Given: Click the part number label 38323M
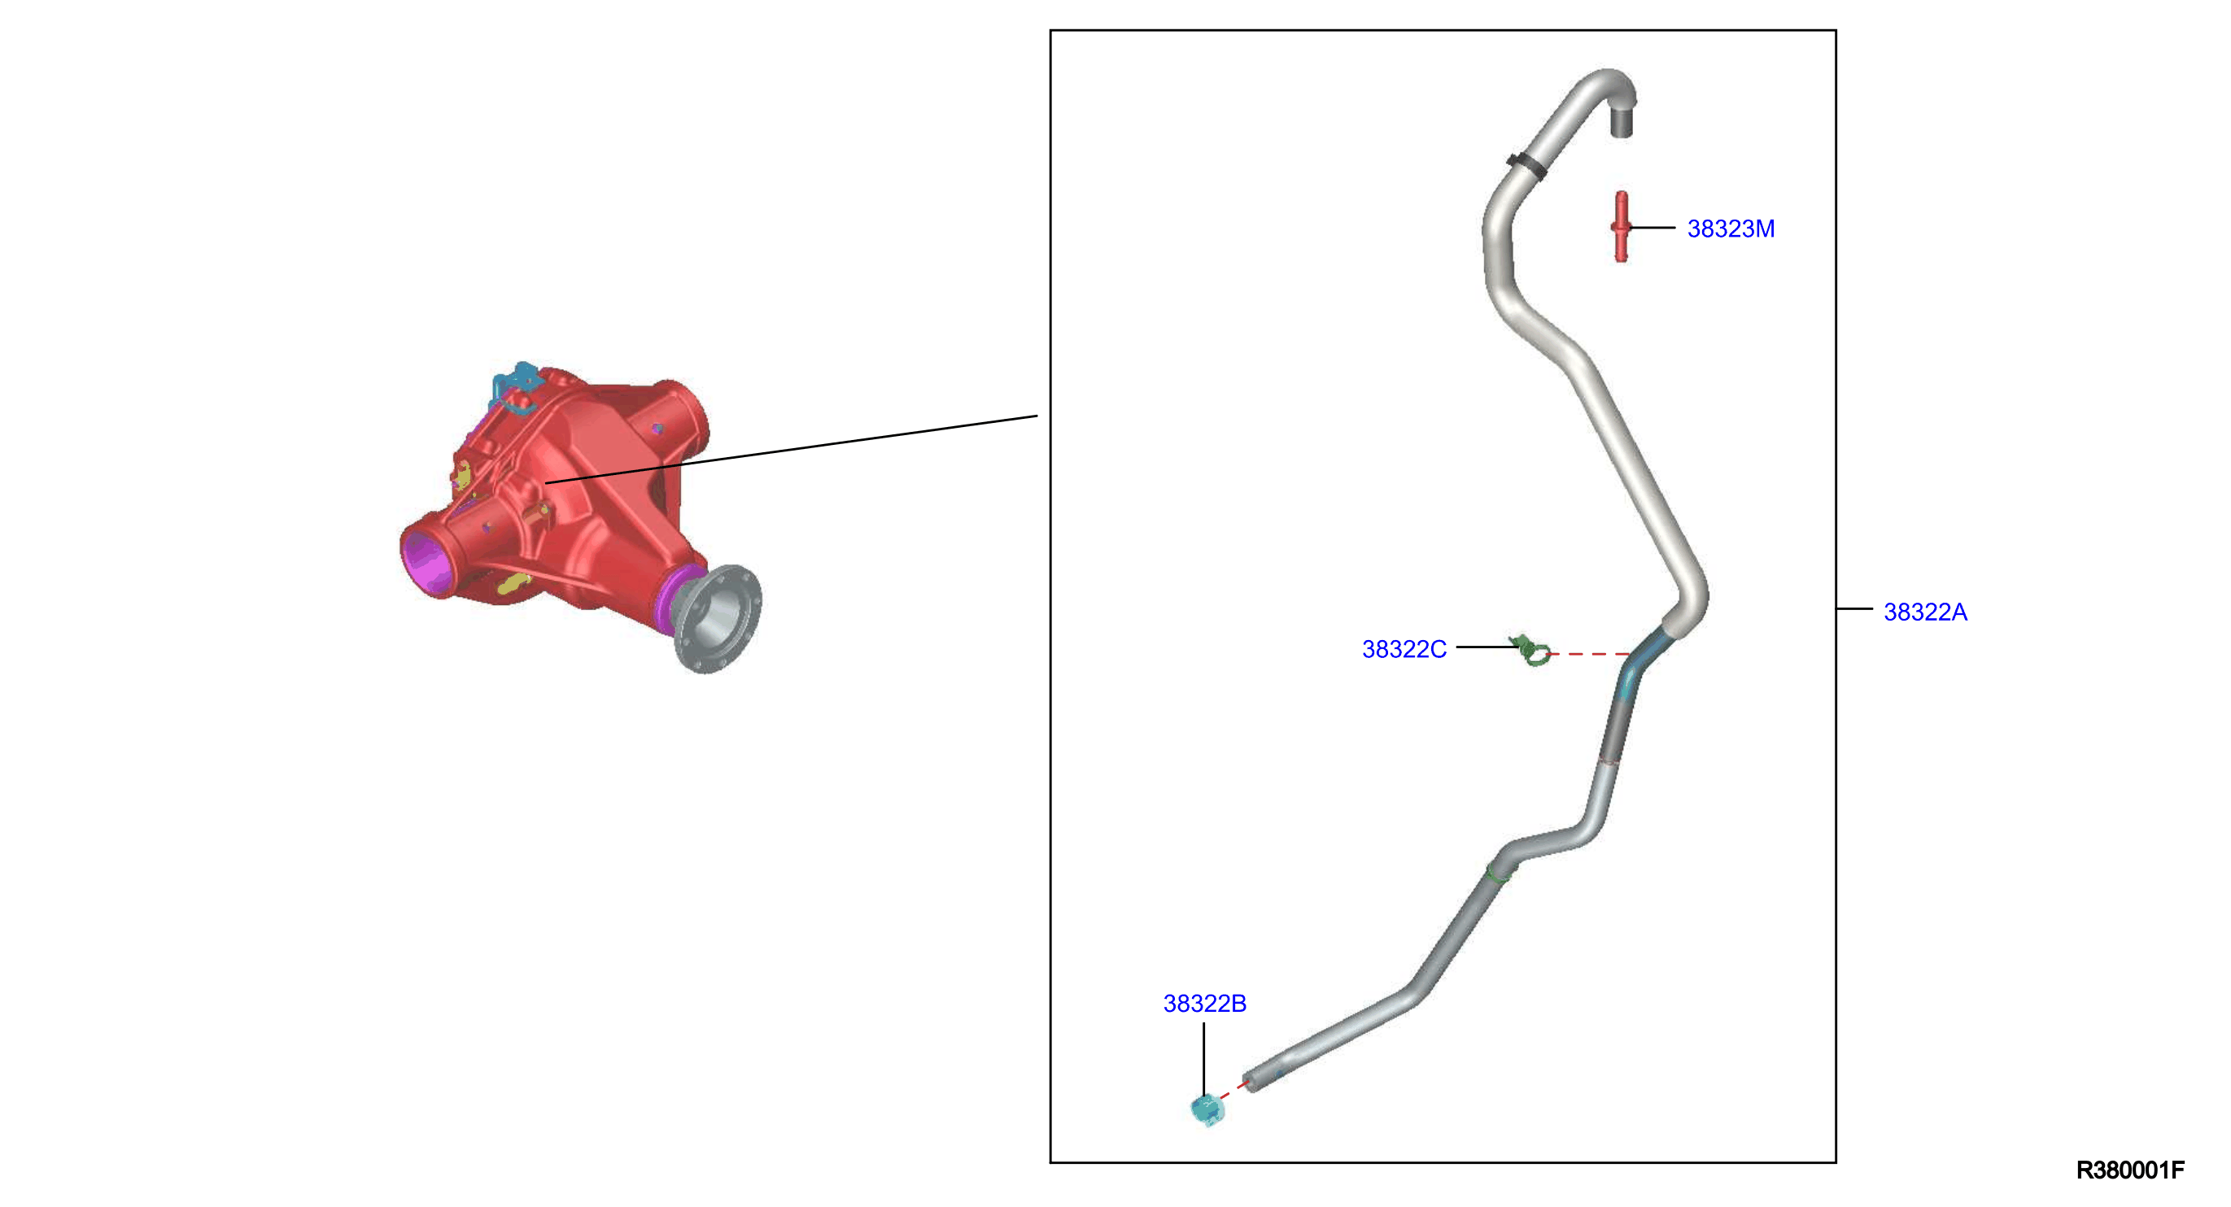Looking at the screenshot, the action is [1731, 229].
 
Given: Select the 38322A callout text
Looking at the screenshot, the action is [1925, 612].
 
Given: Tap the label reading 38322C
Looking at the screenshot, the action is [1404, 649].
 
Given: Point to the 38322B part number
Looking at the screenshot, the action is [1205, 1004].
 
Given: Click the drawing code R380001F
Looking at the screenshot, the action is [2129, 1170].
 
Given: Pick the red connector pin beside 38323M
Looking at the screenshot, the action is [1621, 227].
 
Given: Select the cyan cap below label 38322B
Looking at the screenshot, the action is [1207, 1110].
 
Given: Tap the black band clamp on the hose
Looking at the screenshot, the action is [1527, 165].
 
